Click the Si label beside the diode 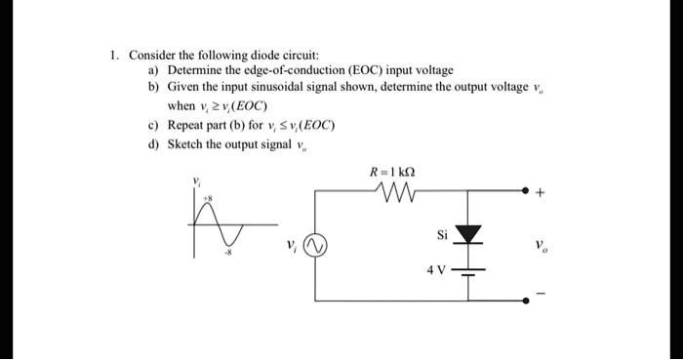coord(443,234)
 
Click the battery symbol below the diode coord(471,272)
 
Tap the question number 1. coord(114,55)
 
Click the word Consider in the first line coord(151,55)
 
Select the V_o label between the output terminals coord(540,246)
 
